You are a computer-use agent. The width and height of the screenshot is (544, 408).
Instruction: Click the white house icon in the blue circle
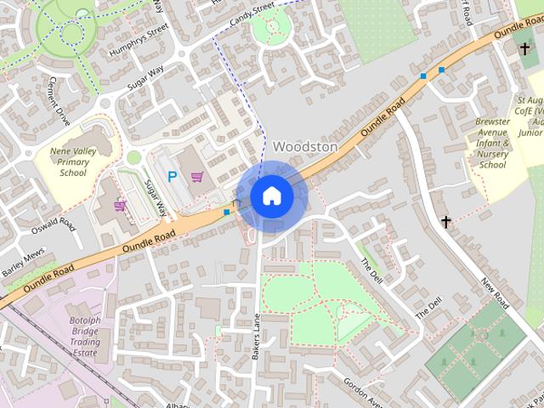[271, 195]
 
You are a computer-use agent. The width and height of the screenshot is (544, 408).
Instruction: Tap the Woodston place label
[304, 147]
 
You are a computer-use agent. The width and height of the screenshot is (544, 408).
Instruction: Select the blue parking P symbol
[172, 178]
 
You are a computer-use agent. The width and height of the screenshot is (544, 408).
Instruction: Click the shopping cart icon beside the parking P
[197, 178]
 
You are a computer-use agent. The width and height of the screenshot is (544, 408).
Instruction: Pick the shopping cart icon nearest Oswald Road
[120, 205]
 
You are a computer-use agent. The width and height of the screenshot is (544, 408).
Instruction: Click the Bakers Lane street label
[256, 337]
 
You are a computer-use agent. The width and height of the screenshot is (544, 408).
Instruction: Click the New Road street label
[493, 292]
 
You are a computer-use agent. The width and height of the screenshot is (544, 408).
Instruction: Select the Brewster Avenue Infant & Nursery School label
[493, 143]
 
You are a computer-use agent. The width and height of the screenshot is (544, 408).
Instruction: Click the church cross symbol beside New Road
[446, 222]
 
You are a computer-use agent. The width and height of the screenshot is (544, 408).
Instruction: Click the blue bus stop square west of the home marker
[226, 212]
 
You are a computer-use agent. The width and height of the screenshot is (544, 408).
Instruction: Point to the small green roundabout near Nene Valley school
[133, 158]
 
